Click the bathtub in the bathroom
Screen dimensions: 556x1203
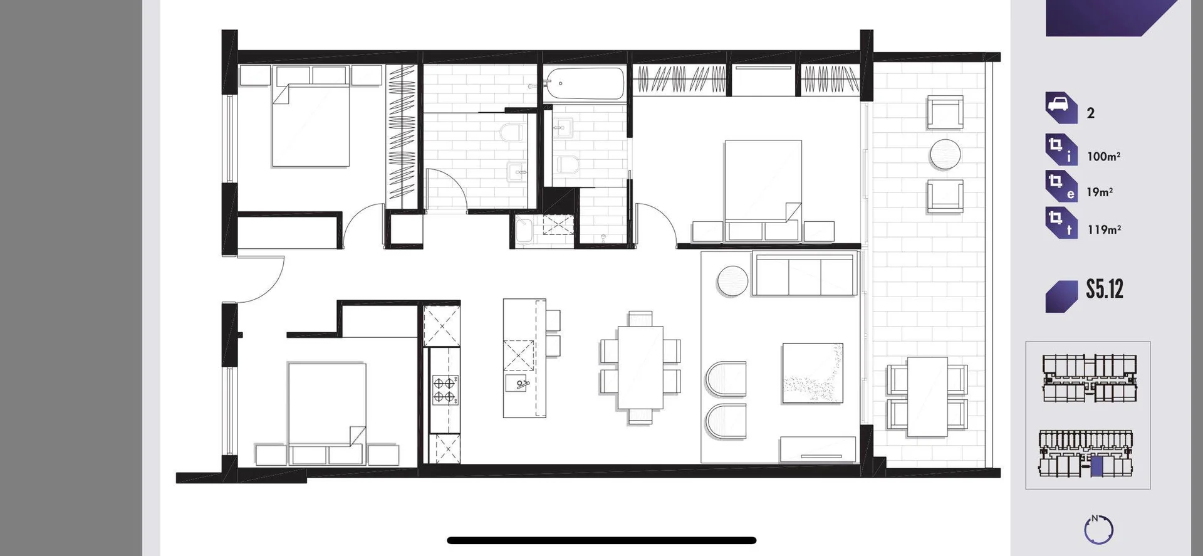(x=585, y=84)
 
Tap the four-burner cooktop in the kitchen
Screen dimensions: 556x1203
(x=444, y=389)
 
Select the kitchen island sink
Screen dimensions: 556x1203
(x=518, y=382)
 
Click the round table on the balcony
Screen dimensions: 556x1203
(x=945, y=154)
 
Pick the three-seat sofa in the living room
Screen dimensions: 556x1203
(x=805, y=275)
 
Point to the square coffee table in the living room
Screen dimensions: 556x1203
(x=812, y=373)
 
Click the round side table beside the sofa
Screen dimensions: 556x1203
(x=732, y=280)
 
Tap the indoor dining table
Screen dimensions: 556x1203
(x=640, y=367)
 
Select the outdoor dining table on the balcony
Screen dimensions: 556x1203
(x=927, y=396)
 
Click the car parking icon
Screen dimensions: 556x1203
(x=1060, y=108)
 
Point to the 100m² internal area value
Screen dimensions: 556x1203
(x=1103, y=157)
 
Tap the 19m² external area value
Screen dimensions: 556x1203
(x=1100, y=192)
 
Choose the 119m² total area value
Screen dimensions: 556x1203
(x=1104, y=230)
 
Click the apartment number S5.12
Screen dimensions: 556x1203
(x=1105, y=290)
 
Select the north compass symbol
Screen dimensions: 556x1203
(x=1098, y=530)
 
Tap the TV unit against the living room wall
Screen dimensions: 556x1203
(x=818, y=449)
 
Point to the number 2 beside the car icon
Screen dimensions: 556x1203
(x=1091, y=113)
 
